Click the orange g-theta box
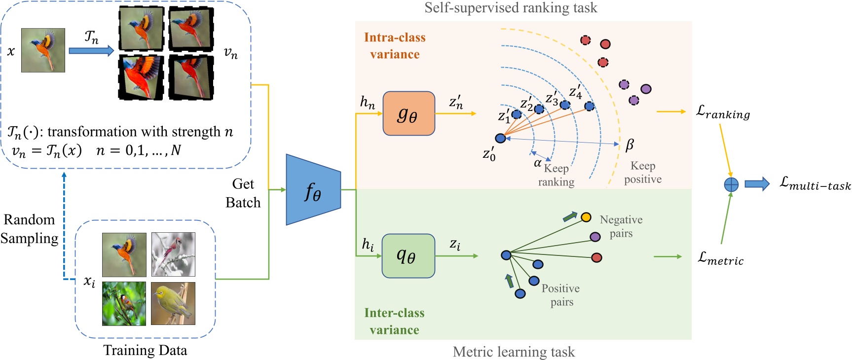coord(408,114)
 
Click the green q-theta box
coord(408,256)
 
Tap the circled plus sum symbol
coord(731,184)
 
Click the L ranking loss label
coord(723,113)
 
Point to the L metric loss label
coord(720,258)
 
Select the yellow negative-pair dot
coord(586,217)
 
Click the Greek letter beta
coord(629,145)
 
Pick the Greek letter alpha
coord(538,163)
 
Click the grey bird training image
coord(173,254)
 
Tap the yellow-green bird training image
coord(173,303)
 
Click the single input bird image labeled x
coord(43,50)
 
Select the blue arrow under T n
coord(91,51)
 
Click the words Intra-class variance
coord(395,46)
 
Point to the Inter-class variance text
coord(394,321)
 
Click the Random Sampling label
coord(30,229)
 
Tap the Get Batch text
coord(243,193)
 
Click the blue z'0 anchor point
coord(500,139)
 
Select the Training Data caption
coord(145,350)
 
